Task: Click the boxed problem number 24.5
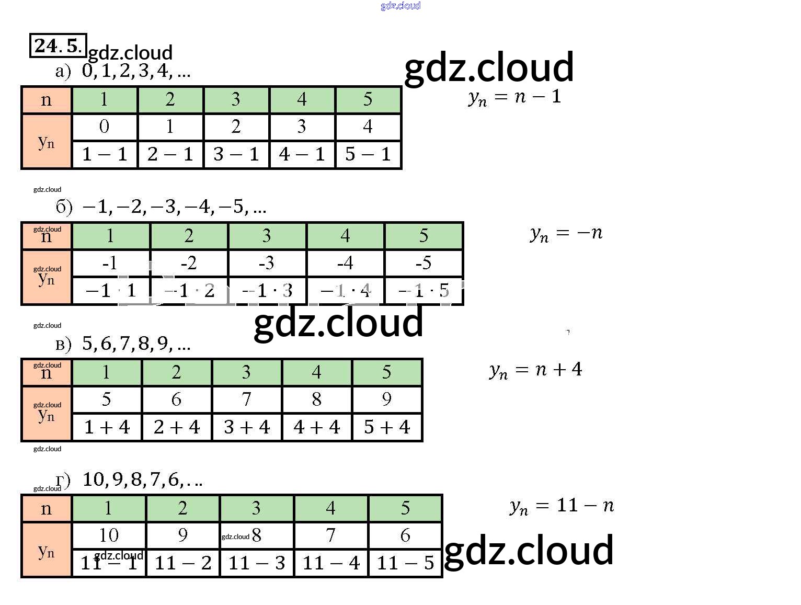pyautogui.click(x=58, y=45)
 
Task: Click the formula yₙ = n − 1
pyautogui.click(x=514, y=97)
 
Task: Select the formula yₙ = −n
pyautogui.click(x=566, y=233)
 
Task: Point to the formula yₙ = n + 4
pyautogui.click(x=536, y=370)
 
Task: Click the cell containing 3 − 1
pyautogui.click(x=236, y=154)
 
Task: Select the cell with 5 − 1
pyautogui.click(x=368, y=154)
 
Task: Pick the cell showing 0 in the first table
pyautogui.click(x=105, y=127)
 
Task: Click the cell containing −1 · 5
pyautogui.click(x=424, y=290)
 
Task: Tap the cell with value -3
pyautogui.click(x=267, y=262)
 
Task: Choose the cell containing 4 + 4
pyautogui.click(x=317, y=427)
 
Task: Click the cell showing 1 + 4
pyautogui.click(x=107, y=427)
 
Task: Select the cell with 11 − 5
pyautogui.click(x=405, y=563)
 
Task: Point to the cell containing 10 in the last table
pyautogui.click(x=109, y=535)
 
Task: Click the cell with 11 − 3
pyautogui.click(x=257, y=563)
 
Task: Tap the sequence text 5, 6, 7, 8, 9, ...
pyautogui.click(x=136, y=344)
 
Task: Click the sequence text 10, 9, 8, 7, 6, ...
pyautogui.click(x=142, y=480)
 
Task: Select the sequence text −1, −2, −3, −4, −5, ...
pyautogui.click(x=174, y=207)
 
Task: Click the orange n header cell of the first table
pyautogui.click(x=47, y=99)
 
